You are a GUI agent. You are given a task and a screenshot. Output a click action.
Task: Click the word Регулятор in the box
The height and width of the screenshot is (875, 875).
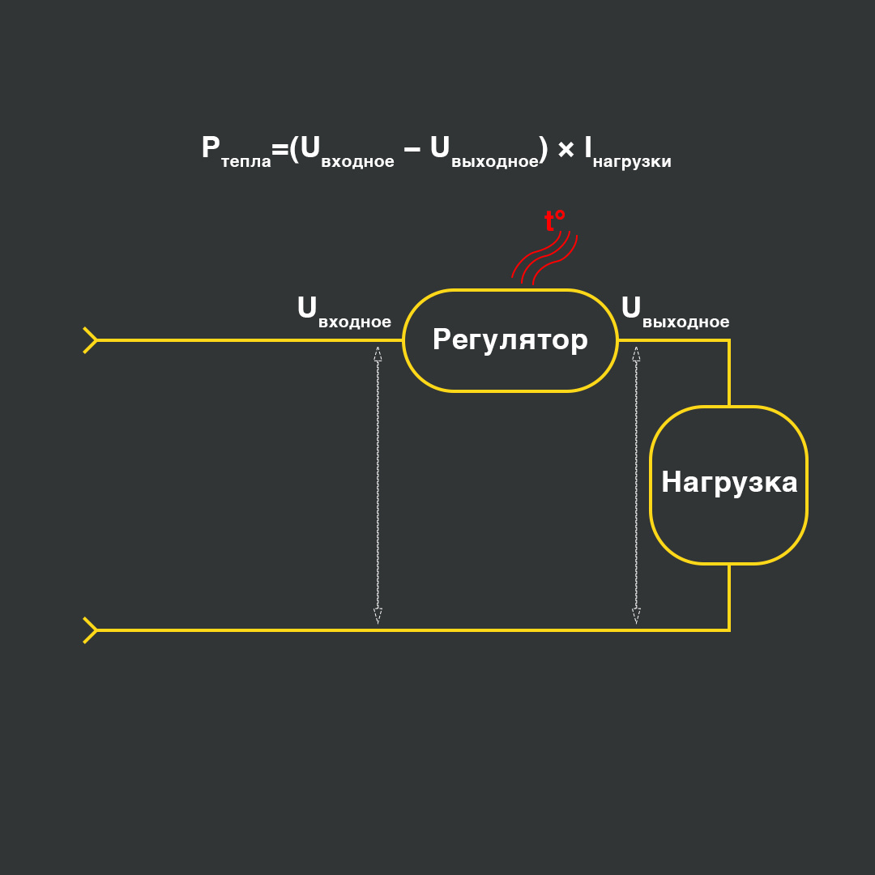pos(510,339)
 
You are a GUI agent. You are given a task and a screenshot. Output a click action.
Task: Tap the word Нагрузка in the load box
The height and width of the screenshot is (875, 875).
pos(729,482)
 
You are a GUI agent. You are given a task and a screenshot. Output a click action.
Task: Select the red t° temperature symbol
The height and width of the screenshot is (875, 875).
pos(554,220)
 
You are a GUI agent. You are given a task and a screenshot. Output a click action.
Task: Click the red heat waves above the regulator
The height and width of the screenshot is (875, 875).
pos(544,258)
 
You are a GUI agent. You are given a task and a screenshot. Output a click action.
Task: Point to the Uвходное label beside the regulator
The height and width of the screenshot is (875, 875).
pos(344,312)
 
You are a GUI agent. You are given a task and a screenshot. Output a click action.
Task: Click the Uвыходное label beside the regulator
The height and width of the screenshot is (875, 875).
pos(675,312)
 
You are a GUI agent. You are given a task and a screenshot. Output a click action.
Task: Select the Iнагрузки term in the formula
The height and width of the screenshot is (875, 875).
pos(627,152)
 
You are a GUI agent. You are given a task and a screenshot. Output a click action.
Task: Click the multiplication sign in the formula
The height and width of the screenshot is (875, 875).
pos(566,149)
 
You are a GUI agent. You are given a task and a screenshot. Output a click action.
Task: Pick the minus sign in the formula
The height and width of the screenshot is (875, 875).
pos(412,149)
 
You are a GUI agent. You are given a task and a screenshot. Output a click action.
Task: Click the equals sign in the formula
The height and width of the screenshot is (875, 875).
pos(280,149)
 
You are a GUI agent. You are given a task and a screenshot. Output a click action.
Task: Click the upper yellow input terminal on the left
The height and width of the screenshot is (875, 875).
pos(90,340)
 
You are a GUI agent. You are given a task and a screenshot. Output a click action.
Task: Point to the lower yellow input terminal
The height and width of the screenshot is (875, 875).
pos(90,630)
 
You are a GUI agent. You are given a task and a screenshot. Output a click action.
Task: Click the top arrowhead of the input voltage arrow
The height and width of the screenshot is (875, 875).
pos(378,353)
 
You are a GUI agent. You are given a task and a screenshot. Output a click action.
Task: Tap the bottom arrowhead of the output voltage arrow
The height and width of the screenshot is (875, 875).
pos(636,616)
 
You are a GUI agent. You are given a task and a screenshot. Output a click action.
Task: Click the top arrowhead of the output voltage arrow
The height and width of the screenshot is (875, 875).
pos(636,353)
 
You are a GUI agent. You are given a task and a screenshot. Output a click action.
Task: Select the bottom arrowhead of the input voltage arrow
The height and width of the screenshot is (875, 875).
pos(378,616)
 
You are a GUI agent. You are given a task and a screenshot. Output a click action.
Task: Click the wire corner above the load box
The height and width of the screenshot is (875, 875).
pos(728,341)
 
